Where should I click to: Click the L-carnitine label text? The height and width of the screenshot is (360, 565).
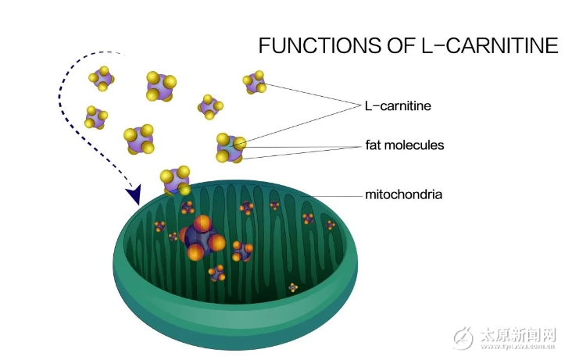pyautogui.click(x=398, y=105)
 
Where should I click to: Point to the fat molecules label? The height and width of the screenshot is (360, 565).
pyautogui.click(x=404, y=145)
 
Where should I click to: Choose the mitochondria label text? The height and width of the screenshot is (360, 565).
pyautogui.click(x=403, y=194)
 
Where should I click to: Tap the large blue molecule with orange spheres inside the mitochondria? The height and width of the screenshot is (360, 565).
pyautogui.click(x=200, y=237)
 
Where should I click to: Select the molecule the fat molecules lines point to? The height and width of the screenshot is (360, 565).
pyautogui.click(x=231, y=146)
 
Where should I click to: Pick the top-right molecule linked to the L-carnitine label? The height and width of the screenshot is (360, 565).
pyautogui.click(x=255, y=82)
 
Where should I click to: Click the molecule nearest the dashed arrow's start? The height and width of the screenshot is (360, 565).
pyautogui.click(x=102, y=78)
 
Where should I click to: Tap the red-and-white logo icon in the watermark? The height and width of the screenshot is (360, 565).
pyautogui.click(x=464, y=338)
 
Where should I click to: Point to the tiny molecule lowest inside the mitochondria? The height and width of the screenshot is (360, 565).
pyautogui.click(x=293, y=287)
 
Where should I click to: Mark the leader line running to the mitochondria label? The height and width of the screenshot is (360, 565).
pyautogui.click(x=328, y=195)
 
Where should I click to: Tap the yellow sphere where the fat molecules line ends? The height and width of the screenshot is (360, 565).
pyautogui.click(x=240, y=143)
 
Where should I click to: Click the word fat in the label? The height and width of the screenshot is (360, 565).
pyautogui.click(x=373, y=145)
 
